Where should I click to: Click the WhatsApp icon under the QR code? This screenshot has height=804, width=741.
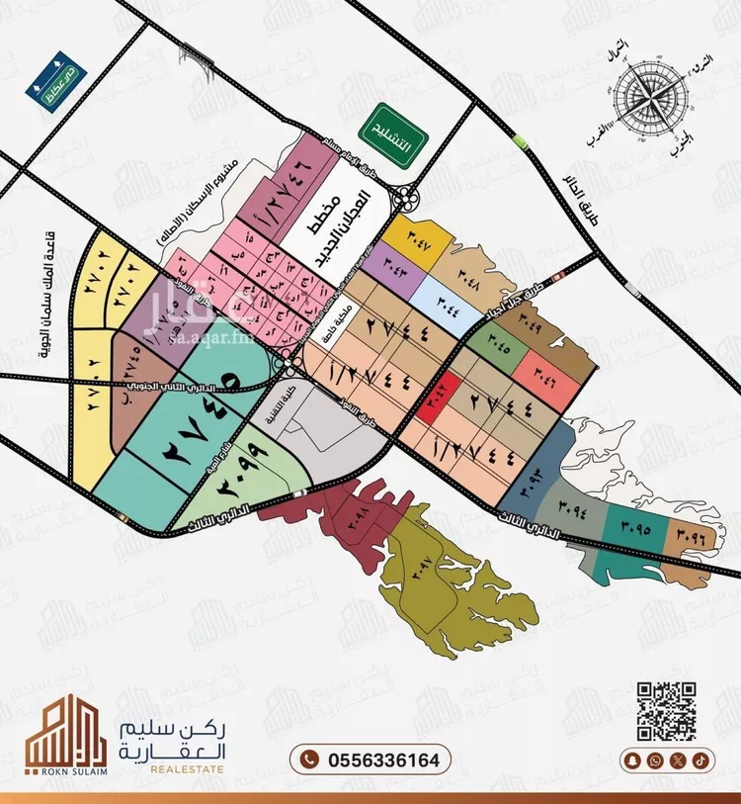point(656,759)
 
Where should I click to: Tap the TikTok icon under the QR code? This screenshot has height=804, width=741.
point(700,759)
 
